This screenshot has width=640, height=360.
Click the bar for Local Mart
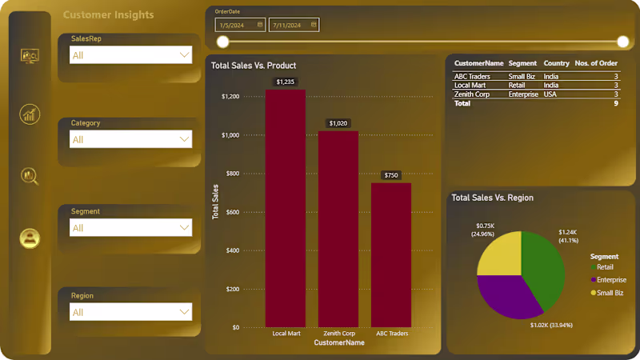point(286,208)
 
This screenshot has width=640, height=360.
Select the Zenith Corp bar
point(338,228)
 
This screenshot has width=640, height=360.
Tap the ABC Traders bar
point(391,254)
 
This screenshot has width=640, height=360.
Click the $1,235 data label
point(286,82)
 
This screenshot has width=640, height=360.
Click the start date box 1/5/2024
point(240,25)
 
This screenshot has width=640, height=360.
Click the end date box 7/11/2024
point(294,25)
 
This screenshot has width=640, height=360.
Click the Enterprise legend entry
point(611,280)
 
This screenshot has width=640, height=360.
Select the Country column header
point(556,63)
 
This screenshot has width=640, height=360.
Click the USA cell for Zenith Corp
point(550,94)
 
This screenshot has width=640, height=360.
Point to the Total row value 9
point(616,103)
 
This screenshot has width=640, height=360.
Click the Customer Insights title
point(108,15)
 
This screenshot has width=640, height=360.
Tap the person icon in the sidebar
point(30,238)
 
